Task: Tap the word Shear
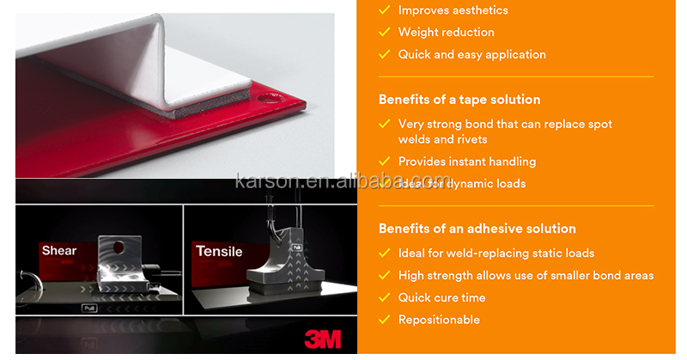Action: coord(59,251)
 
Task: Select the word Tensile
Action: coord(219,252)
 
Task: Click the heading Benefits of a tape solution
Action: coord(459,100)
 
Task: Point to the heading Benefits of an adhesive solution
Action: coord(477,229)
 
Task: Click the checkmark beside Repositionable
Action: coord(384,320)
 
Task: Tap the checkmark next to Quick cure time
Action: coord(384,297)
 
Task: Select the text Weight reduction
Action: coord(446,33)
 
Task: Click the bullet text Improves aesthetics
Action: coord(453,10)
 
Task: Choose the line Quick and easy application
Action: coord(471,54)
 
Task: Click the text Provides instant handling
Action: coord(466,162)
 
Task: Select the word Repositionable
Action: coord(439,320)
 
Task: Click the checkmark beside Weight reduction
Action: coord(384,33)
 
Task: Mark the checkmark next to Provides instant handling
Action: coord(384,162)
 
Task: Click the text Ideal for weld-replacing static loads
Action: coord(496,253)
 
